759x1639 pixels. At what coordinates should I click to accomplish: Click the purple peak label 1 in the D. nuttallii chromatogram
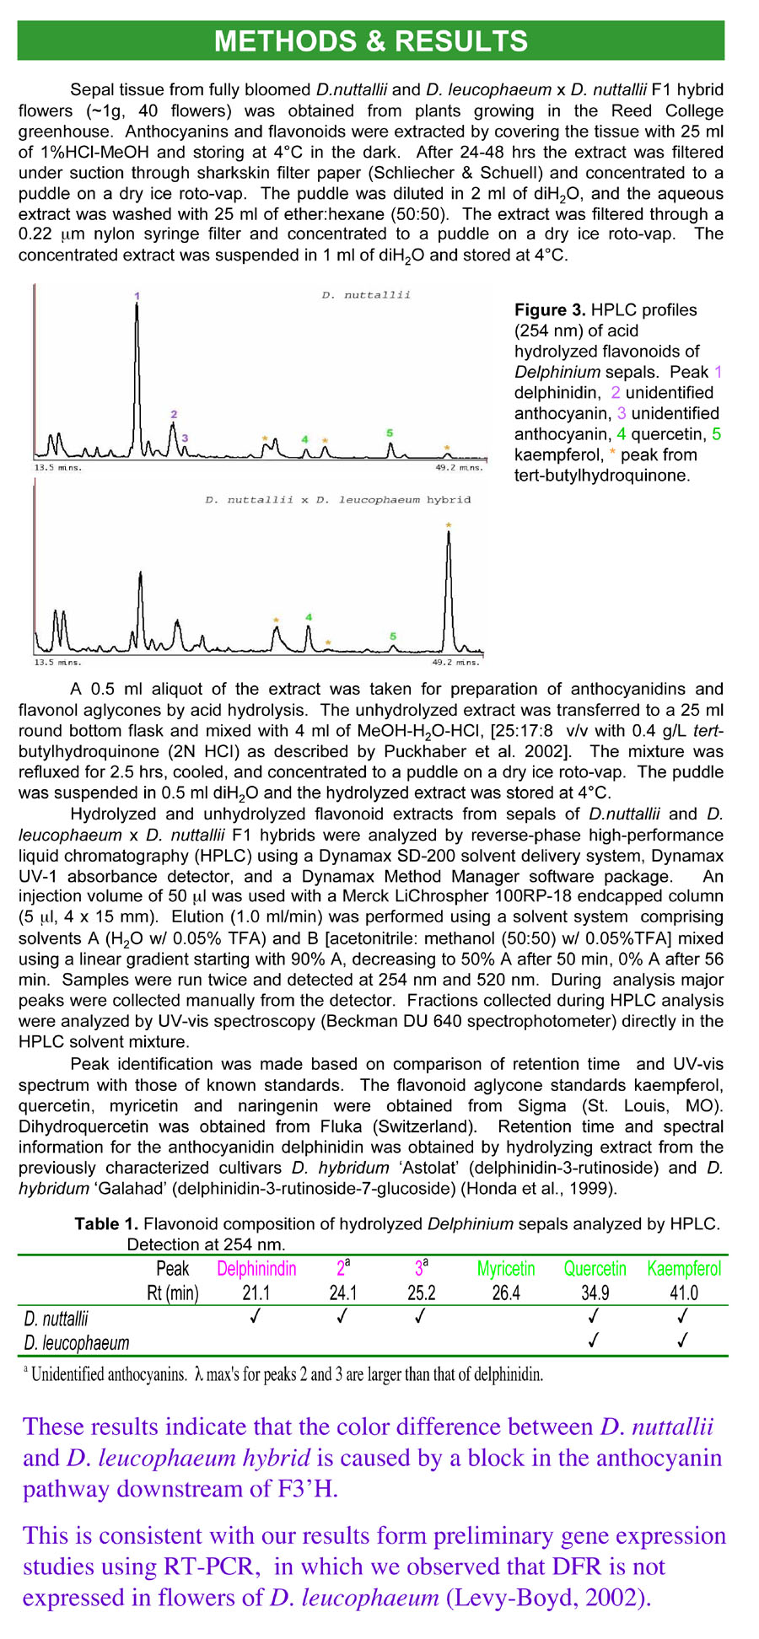tap(137, 296)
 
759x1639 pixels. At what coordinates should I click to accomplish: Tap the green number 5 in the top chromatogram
tap(390, 433)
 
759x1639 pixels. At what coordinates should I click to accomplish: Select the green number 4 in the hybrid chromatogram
tap(309, 618)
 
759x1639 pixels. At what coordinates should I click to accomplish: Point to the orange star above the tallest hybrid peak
tap(449, 526)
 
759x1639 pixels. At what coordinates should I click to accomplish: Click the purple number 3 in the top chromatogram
tap(185, 438)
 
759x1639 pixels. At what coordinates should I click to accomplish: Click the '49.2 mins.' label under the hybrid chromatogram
tap(457, 663)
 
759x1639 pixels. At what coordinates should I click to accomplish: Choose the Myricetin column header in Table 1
tap(506, 1269)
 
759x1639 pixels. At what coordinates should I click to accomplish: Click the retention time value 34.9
tap(595, 1293)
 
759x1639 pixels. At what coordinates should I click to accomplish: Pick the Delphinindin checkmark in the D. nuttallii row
tap(256, 1316)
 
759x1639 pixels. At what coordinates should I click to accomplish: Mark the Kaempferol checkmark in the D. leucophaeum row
tap(683, 1340)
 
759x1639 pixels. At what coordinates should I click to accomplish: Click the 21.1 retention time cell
tap(256, 1293)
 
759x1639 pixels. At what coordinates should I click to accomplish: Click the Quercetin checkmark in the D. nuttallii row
tap(594, 1316)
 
